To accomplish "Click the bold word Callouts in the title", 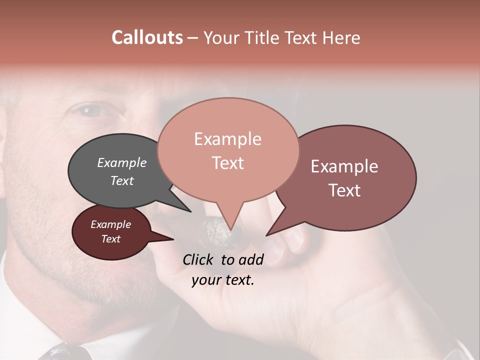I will tap(147, 37).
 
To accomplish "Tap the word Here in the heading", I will tap(341, 37).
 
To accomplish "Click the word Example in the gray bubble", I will tap(122, 163).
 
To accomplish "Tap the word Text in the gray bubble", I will tap(122, 180).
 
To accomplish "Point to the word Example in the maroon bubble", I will tap(110, 224).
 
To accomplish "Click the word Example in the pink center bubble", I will tap(227, 139).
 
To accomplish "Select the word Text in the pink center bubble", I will tap(227, 163).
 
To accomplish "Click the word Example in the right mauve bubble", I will tap(344, 166).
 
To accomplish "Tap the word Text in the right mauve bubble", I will tap(344, 190).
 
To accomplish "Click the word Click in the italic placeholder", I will tap(199, 259).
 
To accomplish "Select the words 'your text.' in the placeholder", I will tap(223, 280).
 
